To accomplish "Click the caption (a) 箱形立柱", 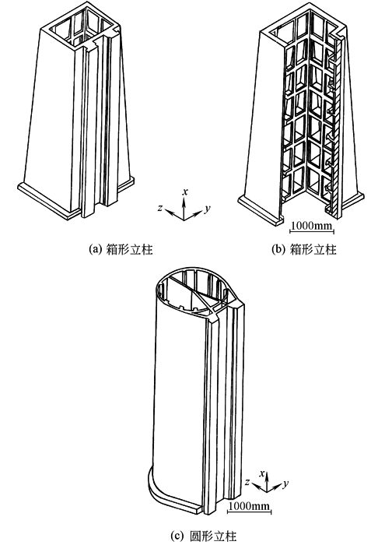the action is pyautogui.click(x=121, y=249).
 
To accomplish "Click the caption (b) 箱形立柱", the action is pyautogui.click(x=304, y=249).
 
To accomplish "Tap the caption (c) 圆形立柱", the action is pyautogui.click(x=203, y=536).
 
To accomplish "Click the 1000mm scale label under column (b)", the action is pyautogui.click(x=311, y=226).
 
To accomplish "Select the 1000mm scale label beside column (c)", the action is pyautogui.click(x=249, y=505).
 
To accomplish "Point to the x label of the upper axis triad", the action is pyautogui.click(x=185, y=192).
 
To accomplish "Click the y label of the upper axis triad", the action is pyautogui.click(x=208, y=209).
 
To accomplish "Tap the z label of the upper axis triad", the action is pyautogui.click(x=160, y=208).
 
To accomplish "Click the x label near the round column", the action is pyautogui.click(x=262, y=474).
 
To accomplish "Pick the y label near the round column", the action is pyautogui.click(x=285, y=483).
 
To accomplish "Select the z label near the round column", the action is pyautogui.click(x=247, y=482).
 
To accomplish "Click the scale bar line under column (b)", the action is pyautogui.click(x=312, y=232).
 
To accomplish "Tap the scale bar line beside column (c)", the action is pyautogui.click(x=250, y=512).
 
